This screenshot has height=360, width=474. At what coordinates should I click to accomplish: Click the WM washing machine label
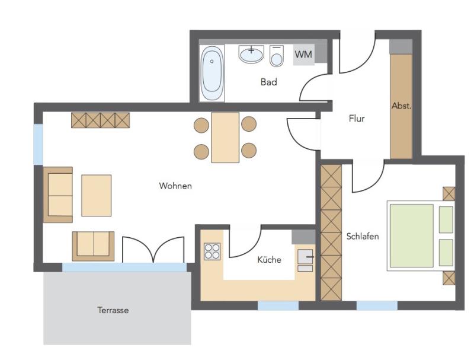[x=303, y=55]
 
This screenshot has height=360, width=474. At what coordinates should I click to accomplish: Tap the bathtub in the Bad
[x=212, y=73]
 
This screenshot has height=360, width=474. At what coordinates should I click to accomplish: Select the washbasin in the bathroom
[x=251, y=55]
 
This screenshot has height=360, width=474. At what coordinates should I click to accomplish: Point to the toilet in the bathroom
[x=277, y=56]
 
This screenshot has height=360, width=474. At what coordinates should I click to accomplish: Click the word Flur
[x=357, y=118]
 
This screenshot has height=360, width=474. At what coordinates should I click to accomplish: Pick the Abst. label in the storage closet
[x=402, y=106]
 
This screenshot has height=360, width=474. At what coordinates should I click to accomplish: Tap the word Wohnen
[x=175, y=186]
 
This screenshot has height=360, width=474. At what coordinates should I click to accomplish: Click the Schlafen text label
[x=363, y=236]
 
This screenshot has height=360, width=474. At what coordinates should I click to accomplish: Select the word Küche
[x=269, y=260]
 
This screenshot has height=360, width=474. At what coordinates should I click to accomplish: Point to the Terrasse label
[x=113, y=310]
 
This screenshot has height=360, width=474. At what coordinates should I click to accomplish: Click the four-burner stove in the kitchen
[x=212, y=251]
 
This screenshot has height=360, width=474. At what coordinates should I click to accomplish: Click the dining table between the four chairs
[x=225, y=138]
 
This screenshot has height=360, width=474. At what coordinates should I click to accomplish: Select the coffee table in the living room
[x=97, y=196]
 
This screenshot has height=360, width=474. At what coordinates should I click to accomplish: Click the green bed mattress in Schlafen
[x=411, y=236]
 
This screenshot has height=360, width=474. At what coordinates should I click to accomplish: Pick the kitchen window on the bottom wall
[x=278, y=305]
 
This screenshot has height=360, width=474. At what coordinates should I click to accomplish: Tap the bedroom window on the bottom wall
[x=377, y=305]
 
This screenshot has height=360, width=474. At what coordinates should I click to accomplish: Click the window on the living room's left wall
[x=38, y=145]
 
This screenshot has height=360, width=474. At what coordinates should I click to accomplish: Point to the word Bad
[x=269, y=82]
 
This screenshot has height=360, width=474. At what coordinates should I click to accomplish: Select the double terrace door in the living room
[x=153, y=250]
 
